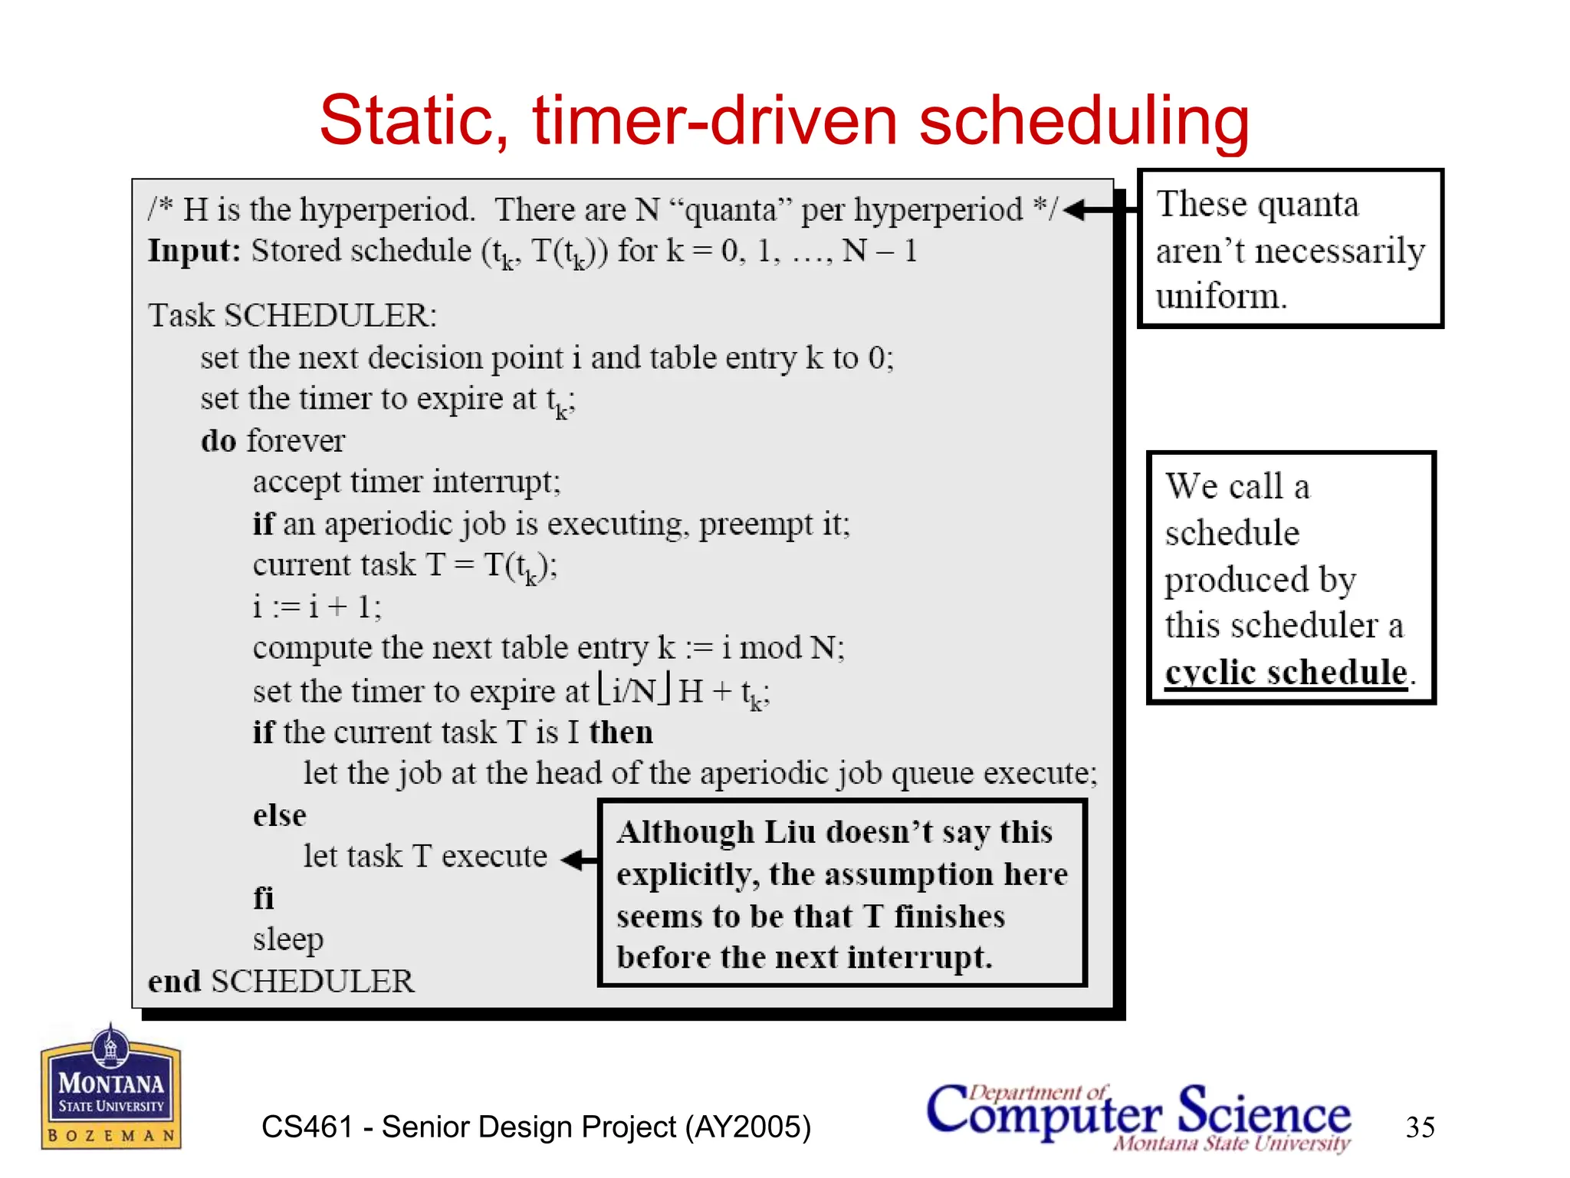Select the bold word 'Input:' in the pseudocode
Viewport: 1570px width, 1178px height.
tap(194, 251)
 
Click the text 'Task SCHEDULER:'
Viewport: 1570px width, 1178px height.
tap(292, 315)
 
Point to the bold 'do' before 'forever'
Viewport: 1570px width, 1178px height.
tap(218, 441)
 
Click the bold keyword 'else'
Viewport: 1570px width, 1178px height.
tap(279, 814)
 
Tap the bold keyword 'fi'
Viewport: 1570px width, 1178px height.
tap(263, 897)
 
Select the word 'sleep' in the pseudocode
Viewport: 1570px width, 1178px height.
tap(288, 939)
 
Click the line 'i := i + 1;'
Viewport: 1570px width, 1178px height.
tap(317, 607)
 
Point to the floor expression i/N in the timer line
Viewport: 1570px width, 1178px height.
tap(635, 689)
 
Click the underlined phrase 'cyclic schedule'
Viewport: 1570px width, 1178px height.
tap(1286, 673)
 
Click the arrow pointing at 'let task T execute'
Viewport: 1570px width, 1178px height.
tap(579, 859)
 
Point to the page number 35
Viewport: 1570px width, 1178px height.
tap(1420, 1127)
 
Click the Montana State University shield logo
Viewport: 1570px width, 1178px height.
tap(111, 1087)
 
